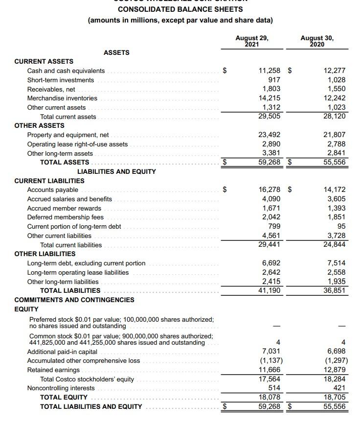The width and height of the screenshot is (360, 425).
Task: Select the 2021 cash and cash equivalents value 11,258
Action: point(270,71)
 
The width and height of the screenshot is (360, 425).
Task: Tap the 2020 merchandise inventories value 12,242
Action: point(335,98)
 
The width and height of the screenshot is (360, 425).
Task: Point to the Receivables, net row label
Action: point(51,89)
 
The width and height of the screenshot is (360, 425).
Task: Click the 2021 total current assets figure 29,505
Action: point(270,116)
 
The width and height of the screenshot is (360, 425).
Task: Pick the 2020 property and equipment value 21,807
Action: point(335,135)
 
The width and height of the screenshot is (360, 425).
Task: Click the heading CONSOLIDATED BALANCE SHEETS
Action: point(180,9)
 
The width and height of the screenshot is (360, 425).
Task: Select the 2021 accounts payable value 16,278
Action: point(270,189)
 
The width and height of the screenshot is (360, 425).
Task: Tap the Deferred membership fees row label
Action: point(65,217)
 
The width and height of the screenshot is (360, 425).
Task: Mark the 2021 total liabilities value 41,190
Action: point(270,290)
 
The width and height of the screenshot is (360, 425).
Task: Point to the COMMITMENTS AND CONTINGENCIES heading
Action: point(74,300)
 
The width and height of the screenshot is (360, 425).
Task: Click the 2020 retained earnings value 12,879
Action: point(335,370)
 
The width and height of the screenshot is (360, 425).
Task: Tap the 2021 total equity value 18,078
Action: point(270,397)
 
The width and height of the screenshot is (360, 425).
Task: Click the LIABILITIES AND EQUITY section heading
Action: point(116,171)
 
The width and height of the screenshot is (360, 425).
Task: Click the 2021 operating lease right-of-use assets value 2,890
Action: point(271,144)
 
